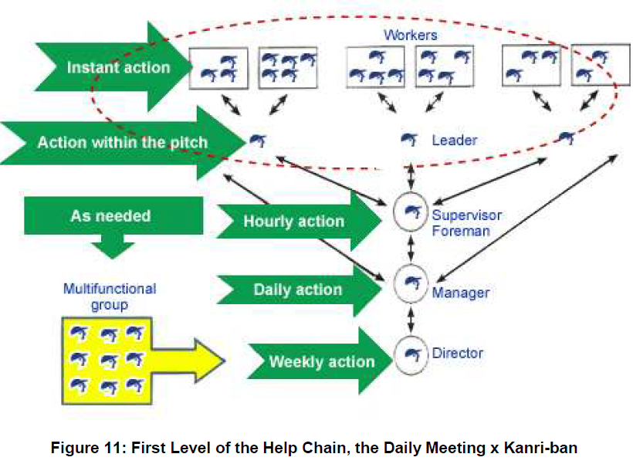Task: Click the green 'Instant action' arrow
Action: click(x=113, y=67)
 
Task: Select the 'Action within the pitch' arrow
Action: click(x=121, y=143)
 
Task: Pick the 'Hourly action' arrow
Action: click(x=299, y=221)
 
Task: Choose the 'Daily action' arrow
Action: click(x=299, y=290)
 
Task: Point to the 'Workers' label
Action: click(x=410, y=36)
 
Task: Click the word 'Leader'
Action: click(x=455, y=141)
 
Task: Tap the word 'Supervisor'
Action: click(x=467, y=215)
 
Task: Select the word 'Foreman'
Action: click(x=461, y=231)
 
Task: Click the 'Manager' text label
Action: click(x=461, y=293)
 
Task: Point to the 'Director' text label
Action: click(x=458, y=354)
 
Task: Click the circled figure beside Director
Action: click(x=411, y=355)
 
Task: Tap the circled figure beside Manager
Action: click(x=411, y=283)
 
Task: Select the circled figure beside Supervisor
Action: click(x=411, y=212)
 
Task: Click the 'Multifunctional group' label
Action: click(x=110, y=296)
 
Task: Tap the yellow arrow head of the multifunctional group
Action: click(x=210, y=361)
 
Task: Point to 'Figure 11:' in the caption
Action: click(x=89, y=448)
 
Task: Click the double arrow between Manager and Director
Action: click(x=411, y=320)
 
